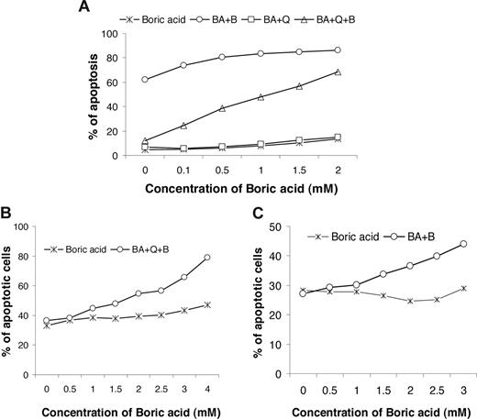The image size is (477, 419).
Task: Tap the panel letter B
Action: [x=7, y=214]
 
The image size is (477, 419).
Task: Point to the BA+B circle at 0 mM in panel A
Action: [x=146, y=80]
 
